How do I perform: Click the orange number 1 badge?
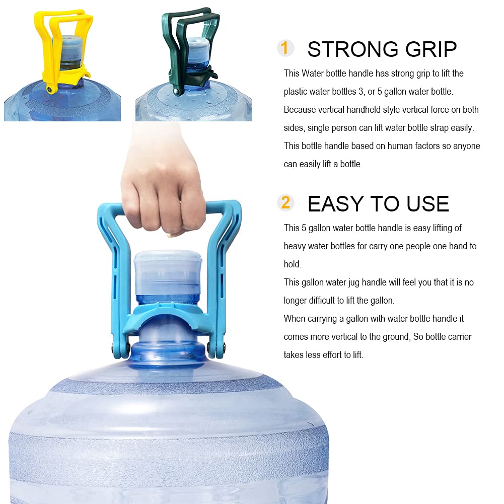click(x=285, y=48)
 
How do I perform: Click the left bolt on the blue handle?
click(x=114, y=347)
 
